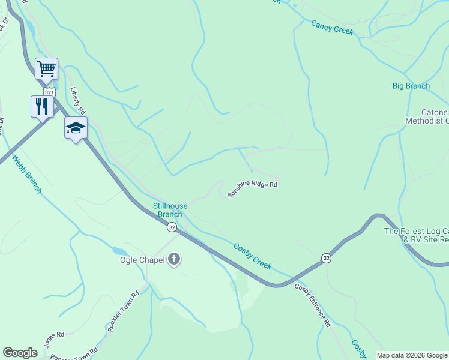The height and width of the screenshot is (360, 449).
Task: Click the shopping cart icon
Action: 46,69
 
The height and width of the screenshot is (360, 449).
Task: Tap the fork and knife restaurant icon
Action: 42,106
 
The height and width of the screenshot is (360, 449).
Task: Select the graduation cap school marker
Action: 76,127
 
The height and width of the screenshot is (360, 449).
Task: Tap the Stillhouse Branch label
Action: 170,210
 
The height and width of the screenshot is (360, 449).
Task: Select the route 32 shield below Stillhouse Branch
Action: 172,227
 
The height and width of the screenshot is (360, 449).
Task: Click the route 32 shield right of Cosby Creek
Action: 325,257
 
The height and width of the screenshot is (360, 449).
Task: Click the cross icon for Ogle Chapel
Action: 174,260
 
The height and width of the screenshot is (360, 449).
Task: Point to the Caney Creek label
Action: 332,28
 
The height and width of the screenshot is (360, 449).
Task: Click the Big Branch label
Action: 411,86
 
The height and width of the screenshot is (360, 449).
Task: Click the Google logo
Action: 20,353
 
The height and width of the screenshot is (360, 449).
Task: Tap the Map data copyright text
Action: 412,355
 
